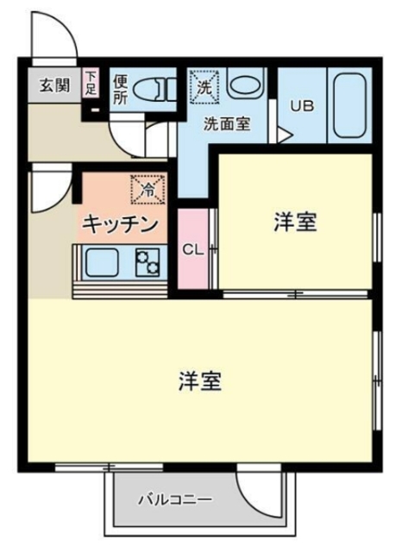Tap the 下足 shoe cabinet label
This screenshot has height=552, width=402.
click(x=91, y=84)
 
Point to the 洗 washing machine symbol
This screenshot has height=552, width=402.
click(x=204, y=86)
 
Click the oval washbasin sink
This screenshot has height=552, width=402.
click(x=246, y=88)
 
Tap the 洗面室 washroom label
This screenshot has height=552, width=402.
click(x=227, y=123)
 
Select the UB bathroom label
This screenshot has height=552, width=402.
click(x=301, y=106)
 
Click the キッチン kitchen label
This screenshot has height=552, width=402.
click(x=122, y=225)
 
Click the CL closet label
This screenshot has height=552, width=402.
click(x=193, y=250)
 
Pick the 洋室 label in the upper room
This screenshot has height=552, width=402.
click(x=296, y=223)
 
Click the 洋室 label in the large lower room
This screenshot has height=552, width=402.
click(x=201, y=380)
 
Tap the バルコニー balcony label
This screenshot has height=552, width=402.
click(x=175, y=499)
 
